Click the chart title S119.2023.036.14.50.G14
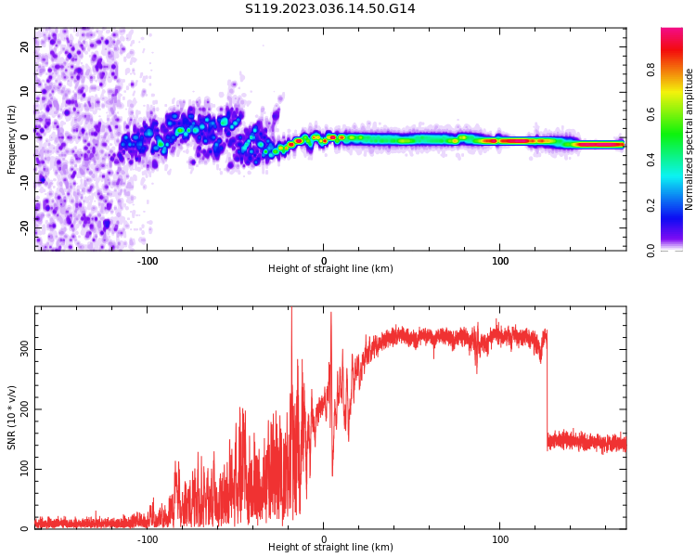[330, 9]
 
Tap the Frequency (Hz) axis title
[12, 139]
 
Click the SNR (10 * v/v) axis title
[12, 418]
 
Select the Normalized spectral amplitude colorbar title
[690, 139]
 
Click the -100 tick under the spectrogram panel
[148, 261]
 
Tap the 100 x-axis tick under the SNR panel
[500, 539]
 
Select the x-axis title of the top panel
[330, 269]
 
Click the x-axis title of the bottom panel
[330, 548]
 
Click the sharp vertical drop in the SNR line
[547, 390]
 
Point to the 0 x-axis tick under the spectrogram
[324, 261]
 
